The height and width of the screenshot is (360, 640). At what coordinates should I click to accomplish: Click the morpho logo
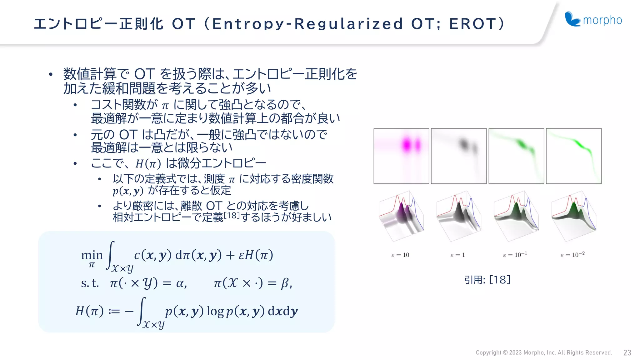click(593, 19)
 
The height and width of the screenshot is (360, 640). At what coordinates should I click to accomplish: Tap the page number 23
click(627, 352)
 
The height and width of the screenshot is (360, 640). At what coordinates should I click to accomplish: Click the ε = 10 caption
click(400, 255)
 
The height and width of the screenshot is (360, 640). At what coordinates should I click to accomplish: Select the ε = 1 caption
click(457, 255)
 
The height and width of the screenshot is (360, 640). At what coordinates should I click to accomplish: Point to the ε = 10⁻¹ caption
click(515, 255)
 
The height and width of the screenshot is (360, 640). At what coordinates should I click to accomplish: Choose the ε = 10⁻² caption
click(572, 255)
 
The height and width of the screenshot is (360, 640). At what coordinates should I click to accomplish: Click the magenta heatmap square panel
click(401, 156)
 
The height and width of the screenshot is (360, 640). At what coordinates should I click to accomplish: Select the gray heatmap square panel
click(459, 156)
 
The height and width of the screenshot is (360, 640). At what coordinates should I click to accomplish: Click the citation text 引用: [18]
click(487, 279)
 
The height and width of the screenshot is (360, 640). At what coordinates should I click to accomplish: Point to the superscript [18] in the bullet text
click(232, 215)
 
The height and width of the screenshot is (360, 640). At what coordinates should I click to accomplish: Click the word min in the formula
click(92, 255)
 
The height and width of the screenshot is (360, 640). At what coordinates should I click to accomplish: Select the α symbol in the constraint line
click(180, 283)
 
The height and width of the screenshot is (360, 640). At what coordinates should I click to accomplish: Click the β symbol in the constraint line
click(285, 283)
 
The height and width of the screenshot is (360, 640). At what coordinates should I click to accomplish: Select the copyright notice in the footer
click(543, 352)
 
